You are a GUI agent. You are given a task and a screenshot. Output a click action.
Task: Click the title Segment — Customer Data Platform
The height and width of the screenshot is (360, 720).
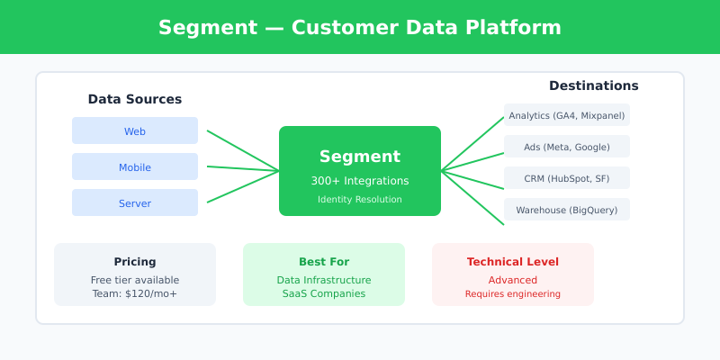(360, 27)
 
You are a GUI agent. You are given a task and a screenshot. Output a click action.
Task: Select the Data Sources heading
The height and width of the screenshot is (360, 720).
(135, 99)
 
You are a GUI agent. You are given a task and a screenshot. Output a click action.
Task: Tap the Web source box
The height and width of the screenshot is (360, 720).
(135, 131)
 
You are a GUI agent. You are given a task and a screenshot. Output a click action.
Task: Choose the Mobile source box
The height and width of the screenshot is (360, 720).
(135, 167)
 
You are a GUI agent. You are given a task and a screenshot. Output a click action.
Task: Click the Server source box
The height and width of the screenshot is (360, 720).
(135, 203)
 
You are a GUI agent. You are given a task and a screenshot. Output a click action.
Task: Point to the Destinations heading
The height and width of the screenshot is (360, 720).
(593, 85)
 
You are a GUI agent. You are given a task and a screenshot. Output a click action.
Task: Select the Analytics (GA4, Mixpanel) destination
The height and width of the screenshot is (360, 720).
(566, 115)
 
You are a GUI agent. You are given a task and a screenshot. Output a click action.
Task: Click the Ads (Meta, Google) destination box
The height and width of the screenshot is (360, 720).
(566, 147)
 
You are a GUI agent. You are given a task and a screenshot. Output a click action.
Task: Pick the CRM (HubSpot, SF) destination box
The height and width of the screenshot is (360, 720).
(566, 178)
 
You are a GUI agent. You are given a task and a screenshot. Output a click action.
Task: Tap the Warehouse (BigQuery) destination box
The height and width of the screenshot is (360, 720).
(566, 210)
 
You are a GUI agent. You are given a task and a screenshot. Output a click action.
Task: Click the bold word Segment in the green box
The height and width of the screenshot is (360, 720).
(360, 157)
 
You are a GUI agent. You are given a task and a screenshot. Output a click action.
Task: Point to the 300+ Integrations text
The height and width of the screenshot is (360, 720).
(360, 181)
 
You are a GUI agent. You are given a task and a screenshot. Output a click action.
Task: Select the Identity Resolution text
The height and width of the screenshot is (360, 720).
(360, 199)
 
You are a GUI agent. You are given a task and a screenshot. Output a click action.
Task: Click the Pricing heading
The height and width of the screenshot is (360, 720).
(135, 262)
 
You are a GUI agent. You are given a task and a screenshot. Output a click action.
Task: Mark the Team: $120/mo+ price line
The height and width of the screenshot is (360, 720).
(135, 293)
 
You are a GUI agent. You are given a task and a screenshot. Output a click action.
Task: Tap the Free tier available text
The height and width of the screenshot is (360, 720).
(135, 280)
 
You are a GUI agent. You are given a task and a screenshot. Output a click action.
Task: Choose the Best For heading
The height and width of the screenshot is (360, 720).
(324, 262)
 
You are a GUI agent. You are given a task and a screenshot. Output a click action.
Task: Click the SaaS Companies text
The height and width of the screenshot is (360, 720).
(324, 293)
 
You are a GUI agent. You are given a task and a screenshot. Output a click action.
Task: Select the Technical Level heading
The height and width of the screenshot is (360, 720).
(513, 262)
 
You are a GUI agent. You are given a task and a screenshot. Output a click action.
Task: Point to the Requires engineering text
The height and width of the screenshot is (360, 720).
(513, 293)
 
